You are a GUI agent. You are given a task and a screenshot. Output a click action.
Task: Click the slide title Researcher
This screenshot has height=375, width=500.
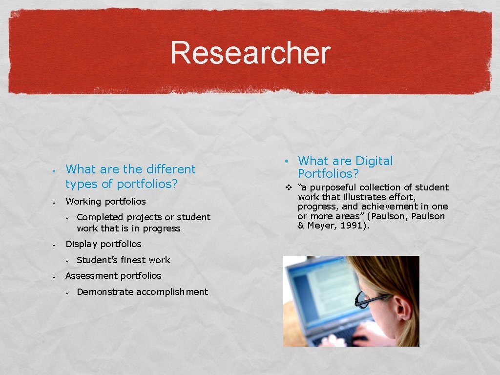[x=250, y=53]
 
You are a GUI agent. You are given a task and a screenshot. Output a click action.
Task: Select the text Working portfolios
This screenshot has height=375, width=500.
[x=105, y=202]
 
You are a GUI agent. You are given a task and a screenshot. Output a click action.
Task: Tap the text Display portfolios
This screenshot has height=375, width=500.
[x=103, y=244]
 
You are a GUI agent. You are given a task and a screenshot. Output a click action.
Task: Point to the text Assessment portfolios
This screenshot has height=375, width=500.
[x=113, y=276]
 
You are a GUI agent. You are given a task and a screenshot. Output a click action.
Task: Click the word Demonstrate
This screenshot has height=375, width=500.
[x=105, y=292]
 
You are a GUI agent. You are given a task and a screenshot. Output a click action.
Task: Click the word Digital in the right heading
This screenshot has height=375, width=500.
[x=374, y=161]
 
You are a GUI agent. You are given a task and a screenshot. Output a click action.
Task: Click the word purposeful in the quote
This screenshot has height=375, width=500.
[x=333, y=187]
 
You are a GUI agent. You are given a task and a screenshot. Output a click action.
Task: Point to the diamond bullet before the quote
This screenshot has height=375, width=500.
[x=289, y=187]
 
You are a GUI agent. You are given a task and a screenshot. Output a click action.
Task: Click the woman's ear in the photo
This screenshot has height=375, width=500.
[x=403, y=309]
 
